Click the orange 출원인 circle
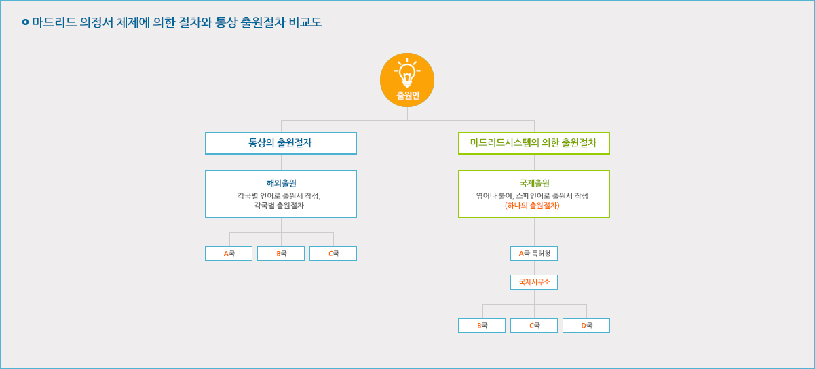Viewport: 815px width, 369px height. coord(407,80)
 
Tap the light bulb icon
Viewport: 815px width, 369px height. coord(407,73)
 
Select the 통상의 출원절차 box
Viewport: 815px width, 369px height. coord(281,143)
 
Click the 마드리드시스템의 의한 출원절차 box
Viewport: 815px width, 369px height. coord(534,143)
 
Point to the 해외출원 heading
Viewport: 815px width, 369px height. coord(281,183)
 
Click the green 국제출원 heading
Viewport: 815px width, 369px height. coord(534,183)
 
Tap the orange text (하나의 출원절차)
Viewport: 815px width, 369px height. coord(532,206)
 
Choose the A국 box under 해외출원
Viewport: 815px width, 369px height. coord(229,254)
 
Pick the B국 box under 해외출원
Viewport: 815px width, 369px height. coord(281,254)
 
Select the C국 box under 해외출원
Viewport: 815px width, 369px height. coord(333,254)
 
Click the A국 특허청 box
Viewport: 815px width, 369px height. coord(534,254)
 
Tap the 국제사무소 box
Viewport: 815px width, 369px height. coord(534,282)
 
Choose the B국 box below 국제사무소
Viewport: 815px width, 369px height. coord(482,326)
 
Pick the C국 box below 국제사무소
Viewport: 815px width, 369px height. coord(534,326)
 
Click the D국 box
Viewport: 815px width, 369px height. coord(586,326)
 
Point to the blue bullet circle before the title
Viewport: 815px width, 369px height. coord(25,22)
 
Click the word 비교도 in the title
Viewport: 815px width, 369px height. coord(305,22)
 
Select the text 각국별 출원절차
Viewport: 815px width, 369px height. coord(279,206)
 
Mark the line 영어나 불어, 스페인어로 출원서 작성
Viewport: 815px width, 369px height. coord(532,196)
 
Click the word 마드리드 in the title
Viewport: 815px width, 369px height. coord(54,22)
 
